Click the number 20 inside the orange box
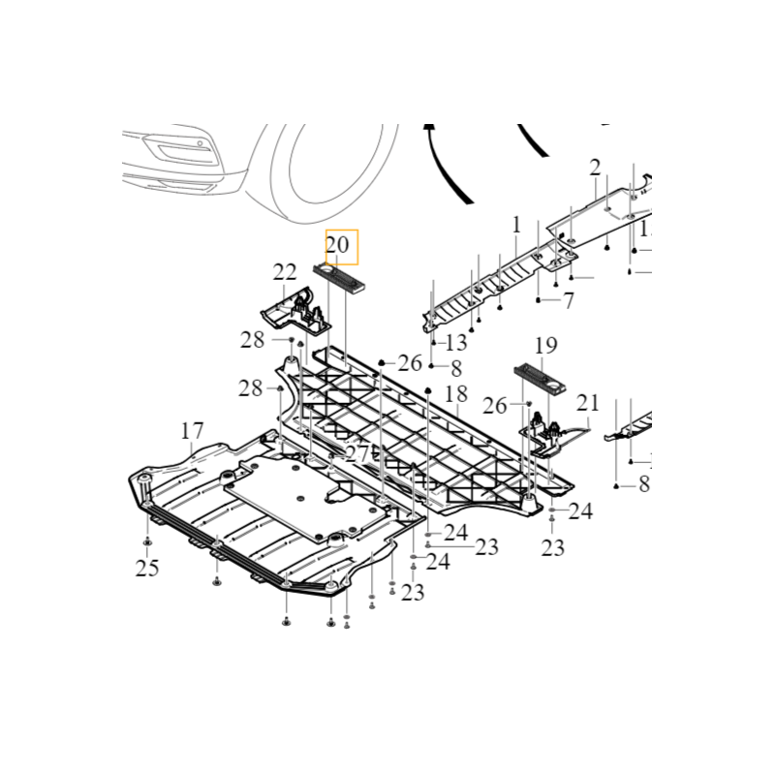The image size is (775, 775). pos(337,246)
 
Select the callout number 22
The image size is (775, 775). pos(284,271)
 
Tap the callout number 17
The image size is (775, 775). pos(192,429)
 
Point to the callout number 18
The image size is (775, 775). pos(456,393)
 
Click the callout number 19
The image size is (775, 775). pos(545,344)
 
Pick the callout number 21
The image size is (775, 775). pos(588,402)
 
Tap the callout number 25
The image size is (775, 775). pos(146,568)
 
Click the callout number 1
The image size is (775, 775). pos(516,225)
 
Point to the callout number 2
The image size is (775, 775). pos(595,168)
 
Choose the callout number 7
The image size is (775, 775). pos(569,300)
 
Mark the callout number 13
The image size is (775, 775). pos(455,342)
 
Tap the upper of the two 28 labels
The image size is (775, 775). pos(253,340)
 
